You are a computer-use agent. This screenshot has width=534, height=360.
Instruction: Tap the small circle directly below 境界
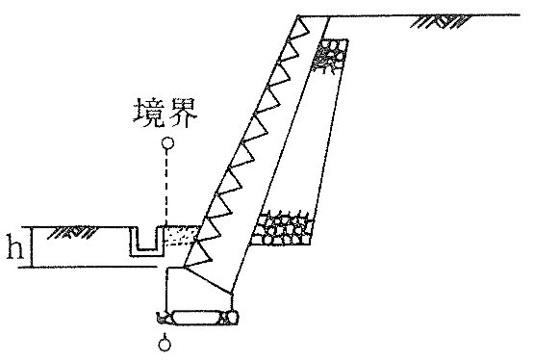pyautogui.click(x=167, y=144)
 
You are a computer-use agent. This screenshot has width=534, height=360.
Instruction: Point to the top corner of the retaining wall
pyautogui.click(x=298, y=16)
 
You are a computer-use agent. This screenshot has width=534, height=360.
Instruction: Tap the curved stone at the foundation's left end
pyautogui.click(x=165, y=316)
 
